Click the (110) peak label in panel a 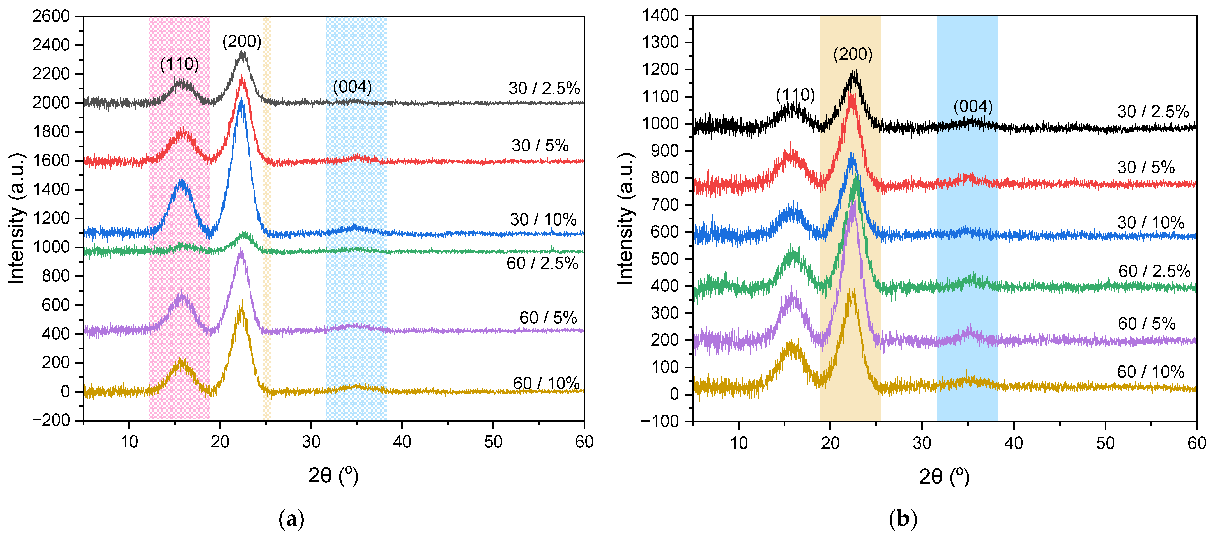pos(179,64)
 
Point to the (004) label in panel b pos(973,107)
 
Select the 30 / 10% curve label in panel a pos(543,220)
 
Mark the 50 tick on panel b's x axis pos(1105,443)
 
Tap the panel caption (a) pos(291,519)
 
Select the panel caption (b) pos(903,519)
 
